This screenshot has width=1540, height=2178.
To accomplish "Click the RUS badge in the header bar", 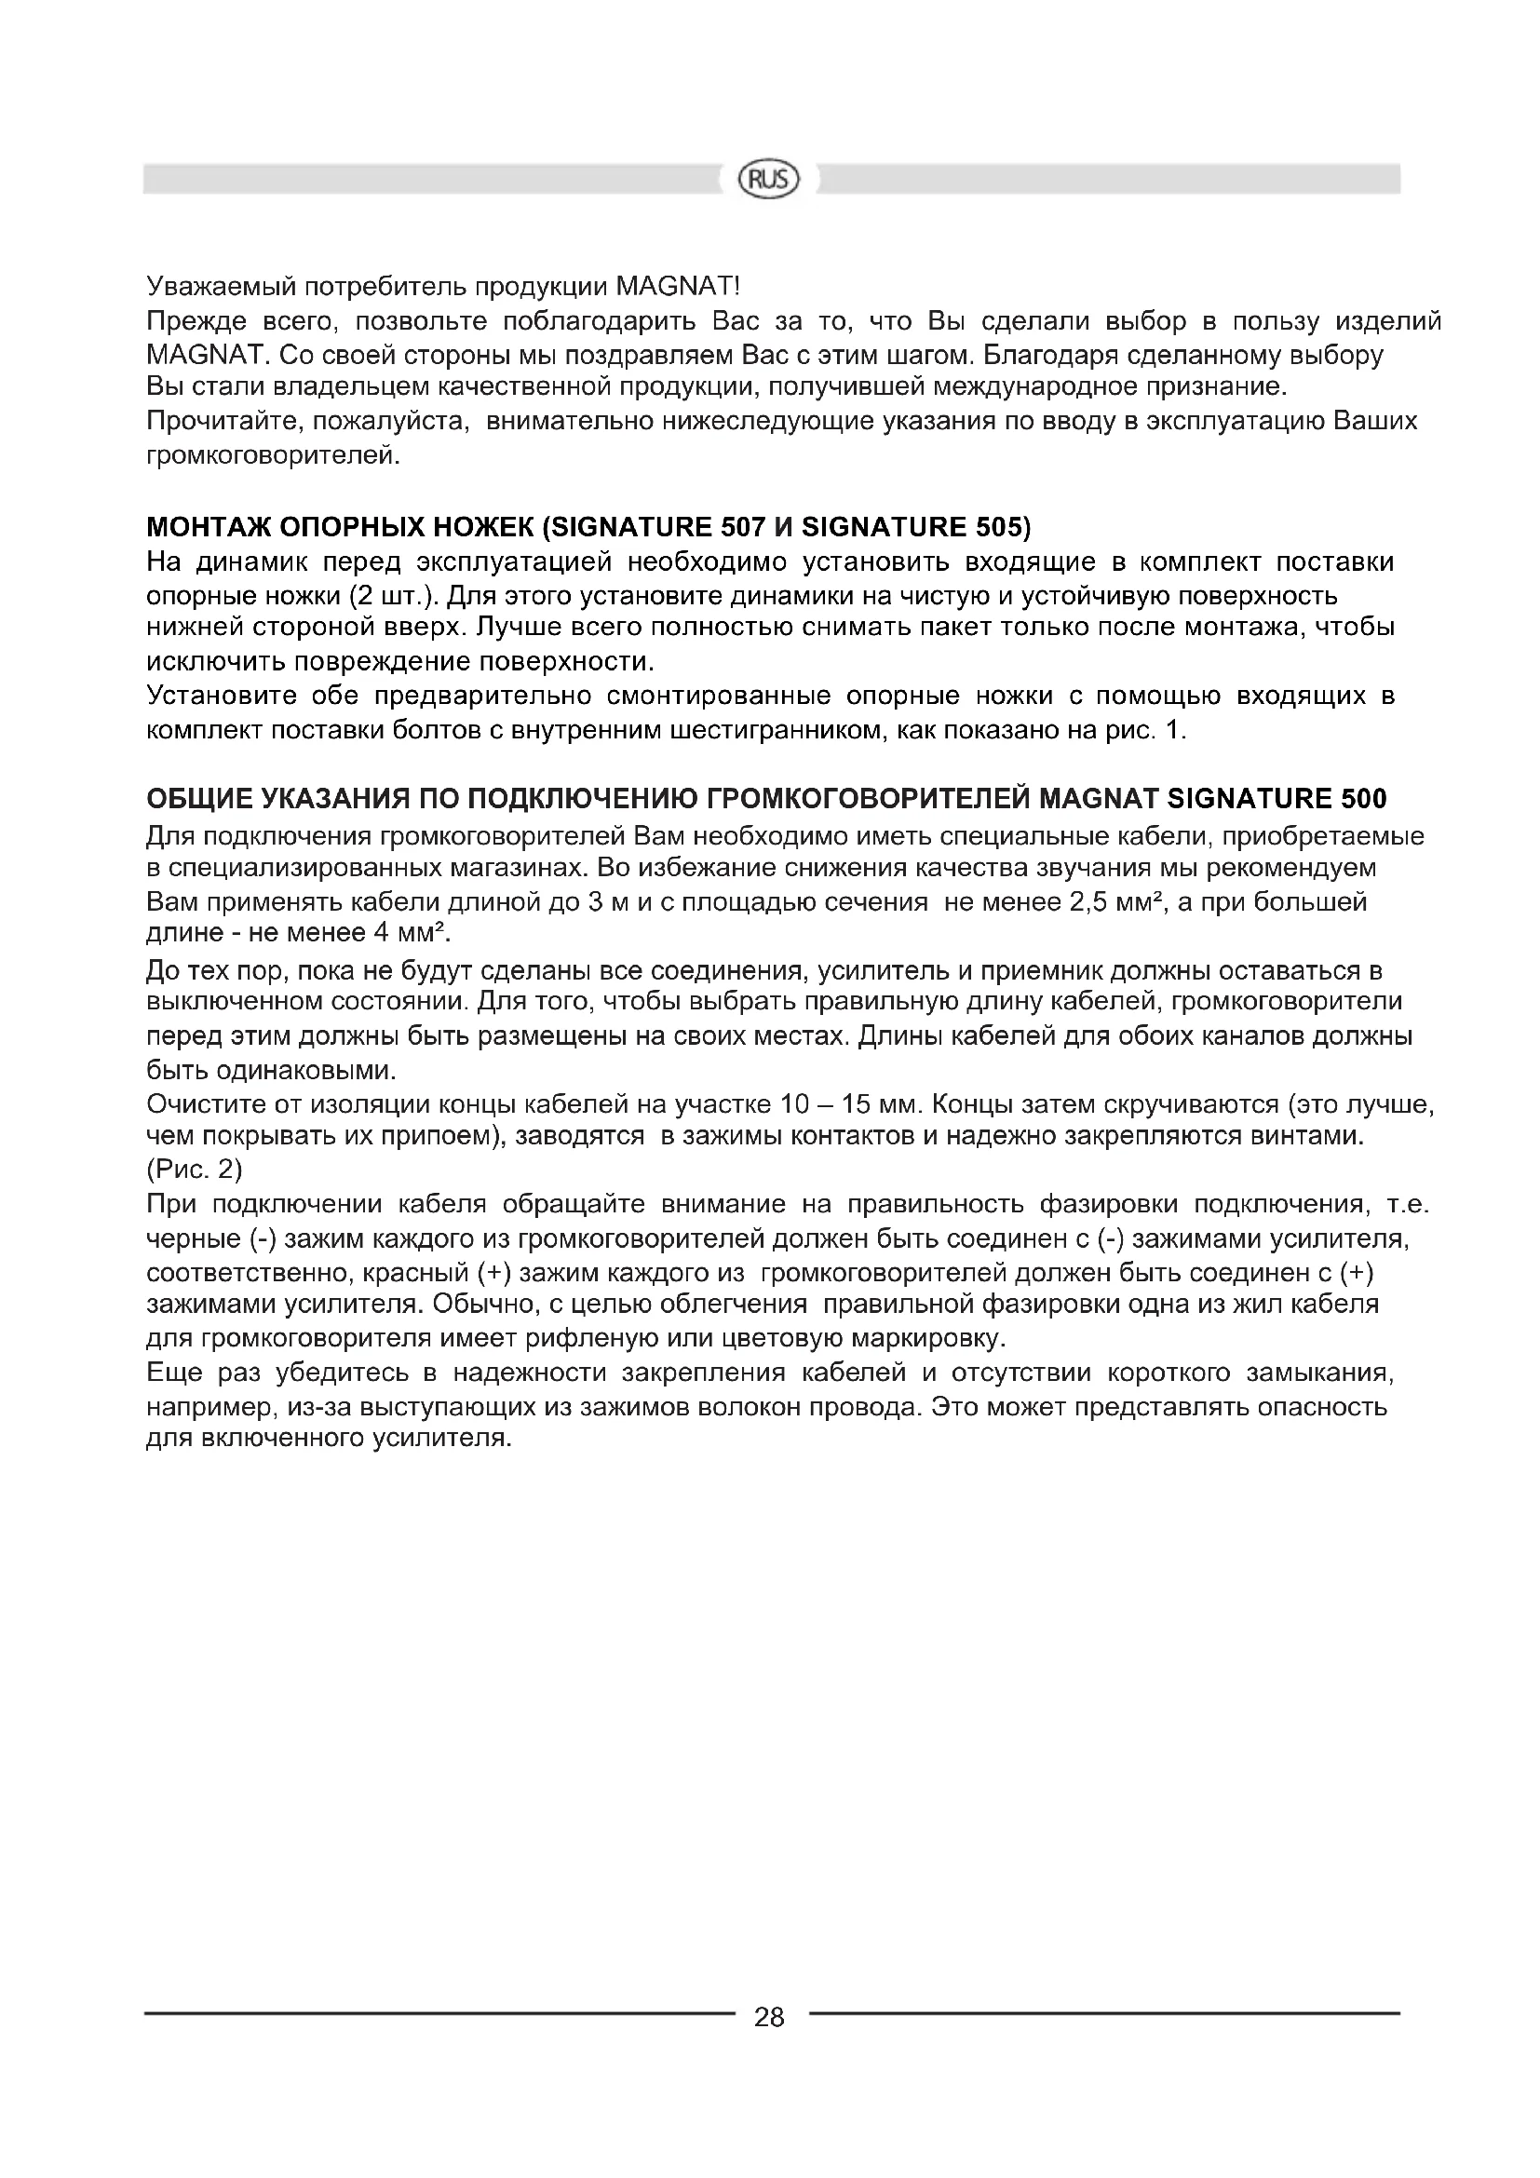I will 769,180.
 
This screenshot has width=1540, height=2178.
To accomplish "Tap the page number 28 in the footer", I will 769,2018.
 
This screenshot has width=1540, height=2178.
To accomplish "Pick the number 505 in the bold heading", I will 994,527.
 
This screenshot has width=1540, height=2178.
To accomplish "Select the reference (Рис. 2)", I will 195,1170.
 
